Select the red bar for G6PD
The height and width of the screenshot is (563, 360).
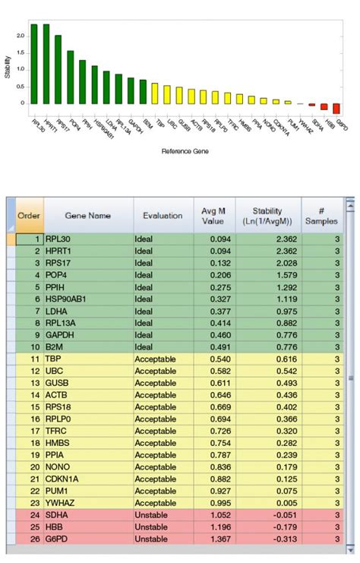[336, 108]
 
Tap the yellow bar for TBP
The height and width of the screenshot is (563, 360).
[154, 93]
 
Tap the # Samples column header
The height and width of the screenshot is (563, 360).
[322, 216]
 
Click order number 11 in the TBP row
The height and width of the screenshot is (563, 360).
[34, 359]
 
